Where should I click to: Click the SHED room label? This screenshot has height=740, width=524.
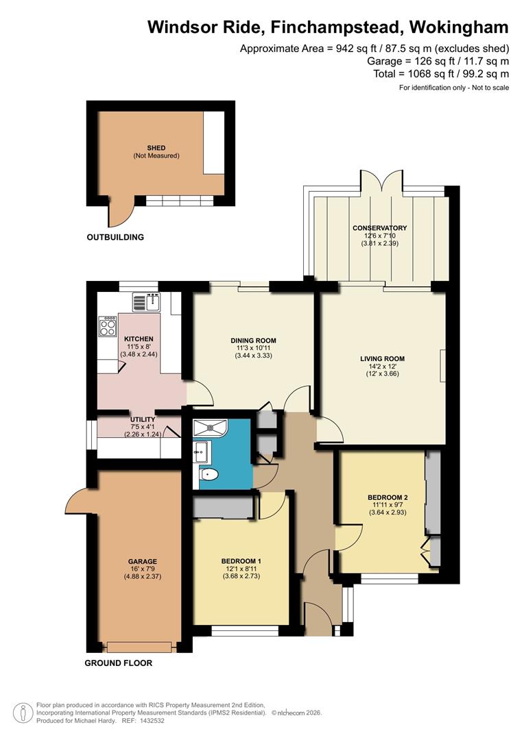click(156, 148)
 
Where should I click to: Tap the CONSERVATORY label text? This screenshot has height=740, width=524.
click(379, 228)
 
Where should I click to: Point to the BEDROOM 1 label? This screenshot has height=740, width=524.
click(235, 561)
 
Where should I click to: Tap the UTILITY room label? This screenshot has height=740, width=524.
click(143, 419)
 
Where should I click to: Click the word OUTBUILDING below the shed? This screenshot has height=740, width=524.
click(115, 238)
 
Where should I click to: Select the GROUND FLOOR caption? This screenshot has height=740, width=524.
click(118, 663)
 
